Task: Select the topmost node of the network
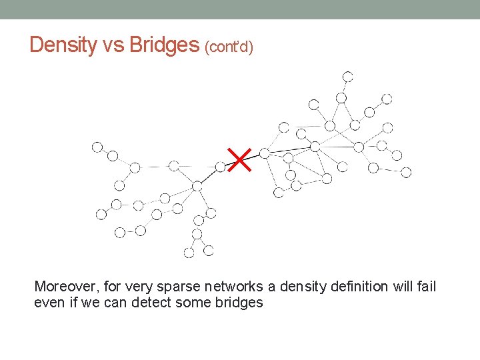coord(347,76)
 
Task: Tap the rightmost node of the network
coord(406,172)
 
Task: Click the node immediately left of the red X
coord(221,167)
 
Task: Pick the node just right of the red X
coord(265,153)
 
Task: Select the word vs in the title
coord(113,45)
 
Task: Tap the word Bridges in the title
coord(164,45)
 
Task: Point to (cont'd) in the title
coord(229,47)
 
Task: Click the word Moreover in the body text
coord(64,287)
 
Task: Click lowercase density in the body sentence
coord(295,287)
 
